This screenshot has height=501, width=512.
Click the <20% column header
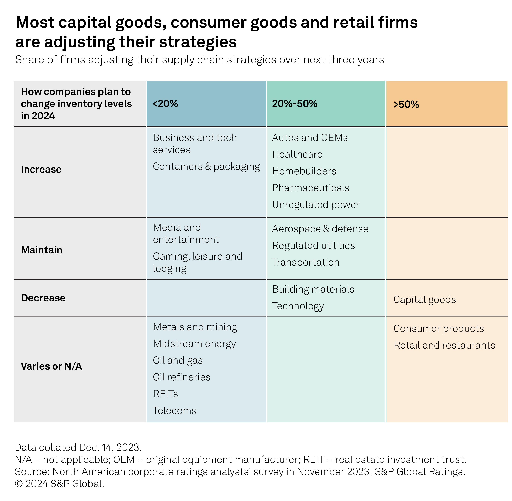click(x=165, y=104)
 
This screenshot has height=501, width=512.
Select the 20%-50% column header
click(x=295, y=104)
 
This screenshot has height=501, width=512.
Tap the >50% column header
click(x=406, y=104)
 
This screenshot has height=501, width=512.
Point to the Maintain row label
click(x=42, y=250)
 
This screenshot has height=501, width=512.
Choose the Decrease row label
click(x=43, y=298)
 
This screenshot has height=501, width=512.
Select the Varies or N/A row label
click(x=51, y=366)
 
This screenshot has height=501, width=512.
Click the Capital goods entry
click(x=425, y=300)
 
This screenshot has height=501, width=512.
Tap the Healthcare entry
click(x=297, y=154)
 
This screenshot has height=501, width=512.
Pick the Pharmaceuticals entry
click(x=311, y=188)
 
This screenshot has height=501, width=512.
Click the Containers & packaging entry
click(x=206, y=167)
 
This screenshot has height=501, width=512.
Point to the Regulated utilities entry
click(x=314, y=245)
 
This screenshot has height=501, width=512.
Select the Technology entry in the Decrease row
click(x=298, y=306)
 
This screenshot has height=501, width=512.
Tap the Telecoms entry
click(x=174, y=411)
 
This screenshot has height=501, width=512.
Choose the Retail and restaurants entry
click(x=444, y=345)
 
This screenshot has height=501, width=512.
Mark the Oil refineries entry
click(x=182, y=377)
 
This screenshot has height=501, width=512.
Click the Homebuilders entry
click(x=304, y=171)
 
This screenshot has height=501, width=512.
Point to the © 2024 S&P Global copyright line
click(x=60, y=484)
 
